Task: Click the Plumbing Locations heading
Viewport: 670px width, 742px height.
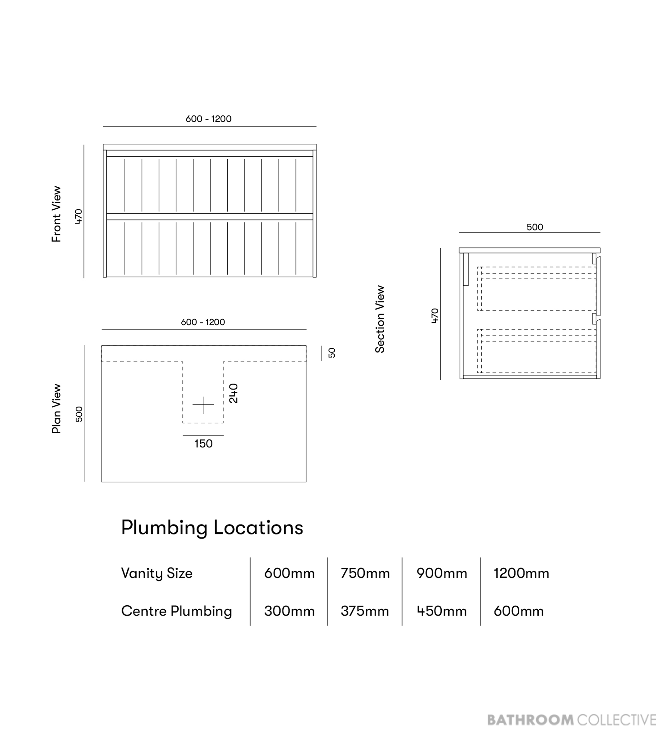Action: point(212,528)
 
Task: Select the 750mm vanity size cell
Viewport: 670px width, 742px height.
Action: point(365,574)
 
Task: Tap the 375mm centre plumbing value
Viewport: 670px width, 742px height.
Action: point(364,611)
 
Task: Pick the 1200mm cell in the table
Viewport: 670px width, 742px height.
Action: point(521,574)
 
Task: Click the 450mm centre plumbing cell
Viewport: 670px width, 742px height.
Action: point(441,611)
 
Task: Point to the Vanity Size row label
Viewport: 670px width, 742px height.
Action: point(157,574)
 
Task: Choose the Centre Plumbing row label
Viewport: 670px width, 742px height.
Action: point(176,612)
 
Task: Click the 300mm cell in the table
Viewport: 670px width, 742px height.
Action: point(289,611)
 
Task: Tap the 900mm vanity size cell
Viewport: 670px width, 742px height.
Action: point(442,574)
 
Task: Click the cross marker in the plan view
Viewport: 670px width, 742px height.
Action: point(203,405)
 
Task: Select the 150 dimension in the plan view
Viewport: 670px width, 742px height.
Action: point(203,444)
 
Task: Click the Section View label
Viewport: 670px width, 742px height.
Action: point(380,319)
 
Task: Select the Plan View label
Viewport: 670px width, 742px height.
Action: point(56,408)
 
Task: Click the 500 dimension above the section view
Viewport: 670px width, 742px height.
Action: point(535,227)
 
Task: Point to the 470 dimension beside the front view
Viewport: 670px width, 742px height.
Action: point(78,216)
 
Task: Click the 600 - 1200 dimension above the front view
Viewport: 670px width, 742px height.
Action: point(208,119)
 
